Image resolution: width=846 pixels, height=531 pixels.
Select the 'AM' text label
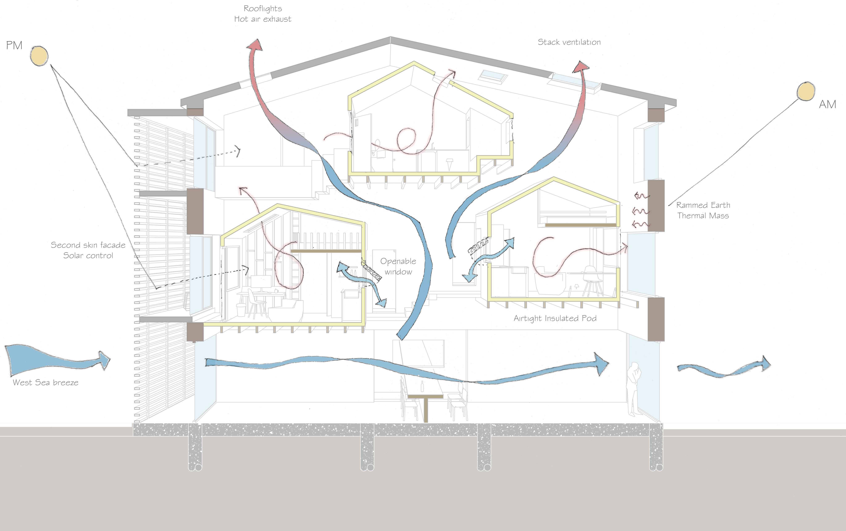(x=827, y=104)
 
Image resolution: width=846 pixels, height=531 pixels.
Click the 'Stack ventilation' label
(x=569, y=42)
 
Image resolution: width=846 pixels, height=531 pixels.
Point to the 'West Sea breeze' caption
(x=46, y=382)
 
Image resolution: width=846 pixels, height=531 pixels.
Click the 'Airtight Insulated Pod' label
(x=555, y=319)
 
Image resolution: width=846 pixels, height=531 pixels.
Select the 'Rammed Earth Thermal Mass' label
(x=703, y=210)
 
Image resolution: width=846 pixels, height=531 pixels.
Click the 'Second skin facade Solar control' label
(x=88, y=250)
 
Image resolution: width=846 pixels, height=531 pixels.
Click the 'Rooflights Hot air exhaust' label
(x=263, y=14)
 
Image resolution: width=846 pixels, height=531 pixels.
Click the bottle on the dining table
(x=422, y=386)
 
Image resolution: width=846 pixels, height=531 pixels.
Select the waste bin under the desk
(x=241, y=310)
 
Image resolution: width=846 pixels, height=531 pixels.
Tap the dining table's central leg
(x=426, y=409)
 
